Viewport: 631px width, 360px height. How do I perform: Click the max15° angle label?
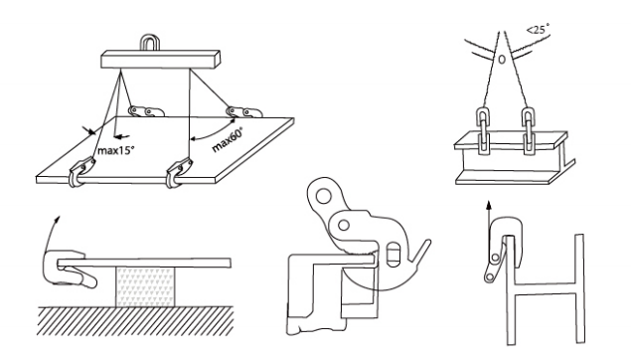116,151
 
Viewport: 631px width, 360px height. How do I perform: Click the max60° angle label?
228,140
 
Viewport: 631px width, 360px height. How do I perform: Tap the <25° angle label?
538,29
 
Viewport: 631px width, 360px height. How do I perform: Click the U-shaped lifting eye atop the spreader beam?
150,43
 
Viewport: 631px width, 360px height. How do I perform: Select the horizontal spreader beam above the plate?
160,60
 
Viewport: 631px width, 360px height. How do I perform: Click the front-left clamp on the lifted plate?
81,172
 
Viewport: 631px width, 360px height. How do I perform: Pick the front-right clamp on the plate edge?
179,172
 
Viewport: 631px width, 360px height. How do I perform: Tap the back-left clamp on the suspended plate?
146,111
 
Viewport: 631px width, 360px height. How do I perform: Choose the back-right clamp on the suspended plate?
244,111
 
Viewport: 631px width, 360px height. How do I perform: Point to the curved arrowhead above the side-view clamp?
58,220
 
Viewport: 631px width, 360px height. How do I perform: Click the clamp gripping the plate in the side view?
71,269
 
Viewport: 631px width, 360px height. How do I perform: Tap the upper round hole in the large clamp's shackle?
323,197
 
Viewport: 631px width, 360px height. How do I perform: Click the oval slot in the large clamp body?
394,255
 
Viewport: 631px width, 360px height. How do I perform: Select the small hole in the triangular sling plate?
502,60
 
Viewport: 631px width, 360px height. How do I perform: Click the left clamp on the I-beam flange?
483,131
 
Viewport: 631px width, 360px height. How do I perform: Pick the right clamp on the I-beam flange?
530,131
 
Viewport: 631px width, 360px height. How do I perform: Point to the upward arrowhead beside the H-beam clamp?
489,205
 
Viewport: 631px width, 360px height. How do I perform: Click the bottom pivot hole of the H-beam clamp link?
490,276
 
